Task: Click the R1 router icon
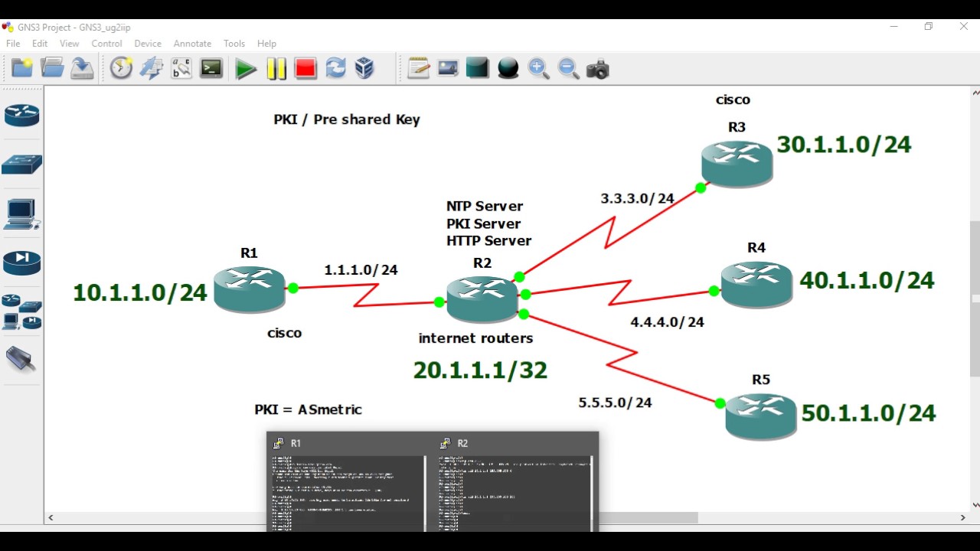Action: point(250,289)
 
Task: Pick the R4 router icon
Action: point(756,284)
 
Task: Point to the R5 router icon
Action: point(761,416)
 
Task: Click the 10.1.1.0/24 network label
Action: point(140,292)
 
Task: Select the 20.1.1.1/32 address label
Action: point(480,370)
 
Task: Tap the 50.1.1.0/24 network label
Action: point(868,413)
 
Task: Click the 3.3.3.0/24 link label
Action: point(637,199)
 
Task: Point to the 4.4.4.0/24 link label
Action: point(667,322)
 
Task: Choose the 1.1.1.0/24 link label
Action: point(361,270)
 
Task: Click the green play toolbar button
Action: point(246,69)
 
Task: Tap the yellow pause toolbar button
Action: point(276,69)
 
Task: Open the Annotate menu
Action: point(192,44)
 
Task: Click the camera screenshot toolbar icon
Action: point(597,69)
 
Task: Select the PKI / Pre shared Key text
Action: point(347,119)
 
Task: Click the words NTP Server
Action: point(485,206)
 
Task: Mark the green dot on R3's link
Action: point(701,187)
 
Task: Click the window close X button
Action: point(964,26)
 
